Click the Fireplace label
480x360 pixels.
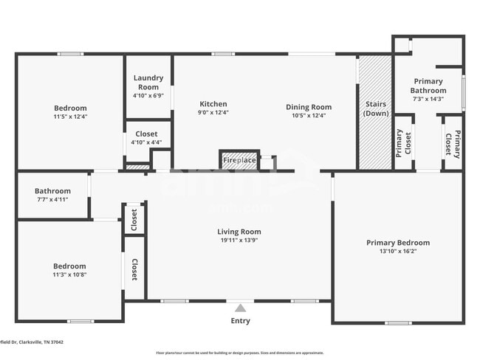[x=239, y=160]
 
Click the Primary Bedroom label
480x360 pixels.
[x=398, y=243]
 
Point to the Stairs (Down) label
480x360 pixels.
[x=376, y=109]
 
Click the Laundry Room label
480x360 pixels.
[x=147, y=83]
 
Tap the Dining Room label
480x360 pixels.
[x=309, y=107]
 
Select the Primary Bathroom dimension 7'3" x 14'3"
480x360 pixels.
[x=428, y=99]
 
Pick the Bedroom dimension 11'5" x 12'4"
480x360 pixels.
[x=69, y=117]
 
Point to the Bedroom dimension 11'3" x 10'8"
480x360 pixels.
[x=69, y=275]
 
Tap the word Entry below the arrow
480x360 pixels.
[x=240, y=321]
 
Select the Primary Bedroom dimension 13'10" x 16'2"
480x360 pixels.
[x=398, y=252]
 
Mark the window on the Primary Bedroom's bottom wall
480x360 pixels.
[x=398, y=322]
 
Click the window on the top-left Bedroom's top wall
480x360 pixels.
[x=70, y=53]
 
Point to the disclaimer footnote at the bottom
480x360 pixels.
[x=239, y=353]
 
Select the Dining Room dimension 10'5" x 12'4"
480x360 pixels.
[x=309, y=116]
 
